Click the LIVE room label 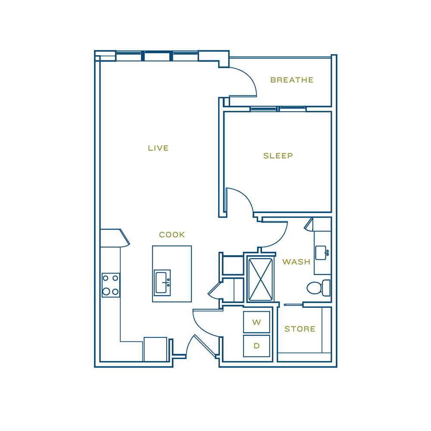tap(158, 148)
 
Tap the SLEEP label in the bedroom tap(278, 156)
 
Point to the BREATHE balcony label tap(292, 80)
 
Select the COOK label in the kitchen tap(172, 234)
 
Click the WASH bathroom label tap(296, 262)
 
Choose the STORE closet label tap(300, 329)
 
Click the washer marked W tap(256, 322)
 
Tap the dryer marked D tap(256, 346)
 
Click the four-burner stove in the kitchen tap(111, 285)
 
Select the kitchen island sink tap(162, 283)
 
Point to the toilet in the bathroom tap(319, 288)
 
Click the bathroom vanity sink tap(322, 253)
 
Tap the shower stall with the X tap(260, 279)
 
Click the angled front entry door tap(205, 346)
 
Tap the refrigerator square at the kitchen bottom tap(155, 349)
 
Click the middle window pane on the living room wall tap(157, 56)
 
